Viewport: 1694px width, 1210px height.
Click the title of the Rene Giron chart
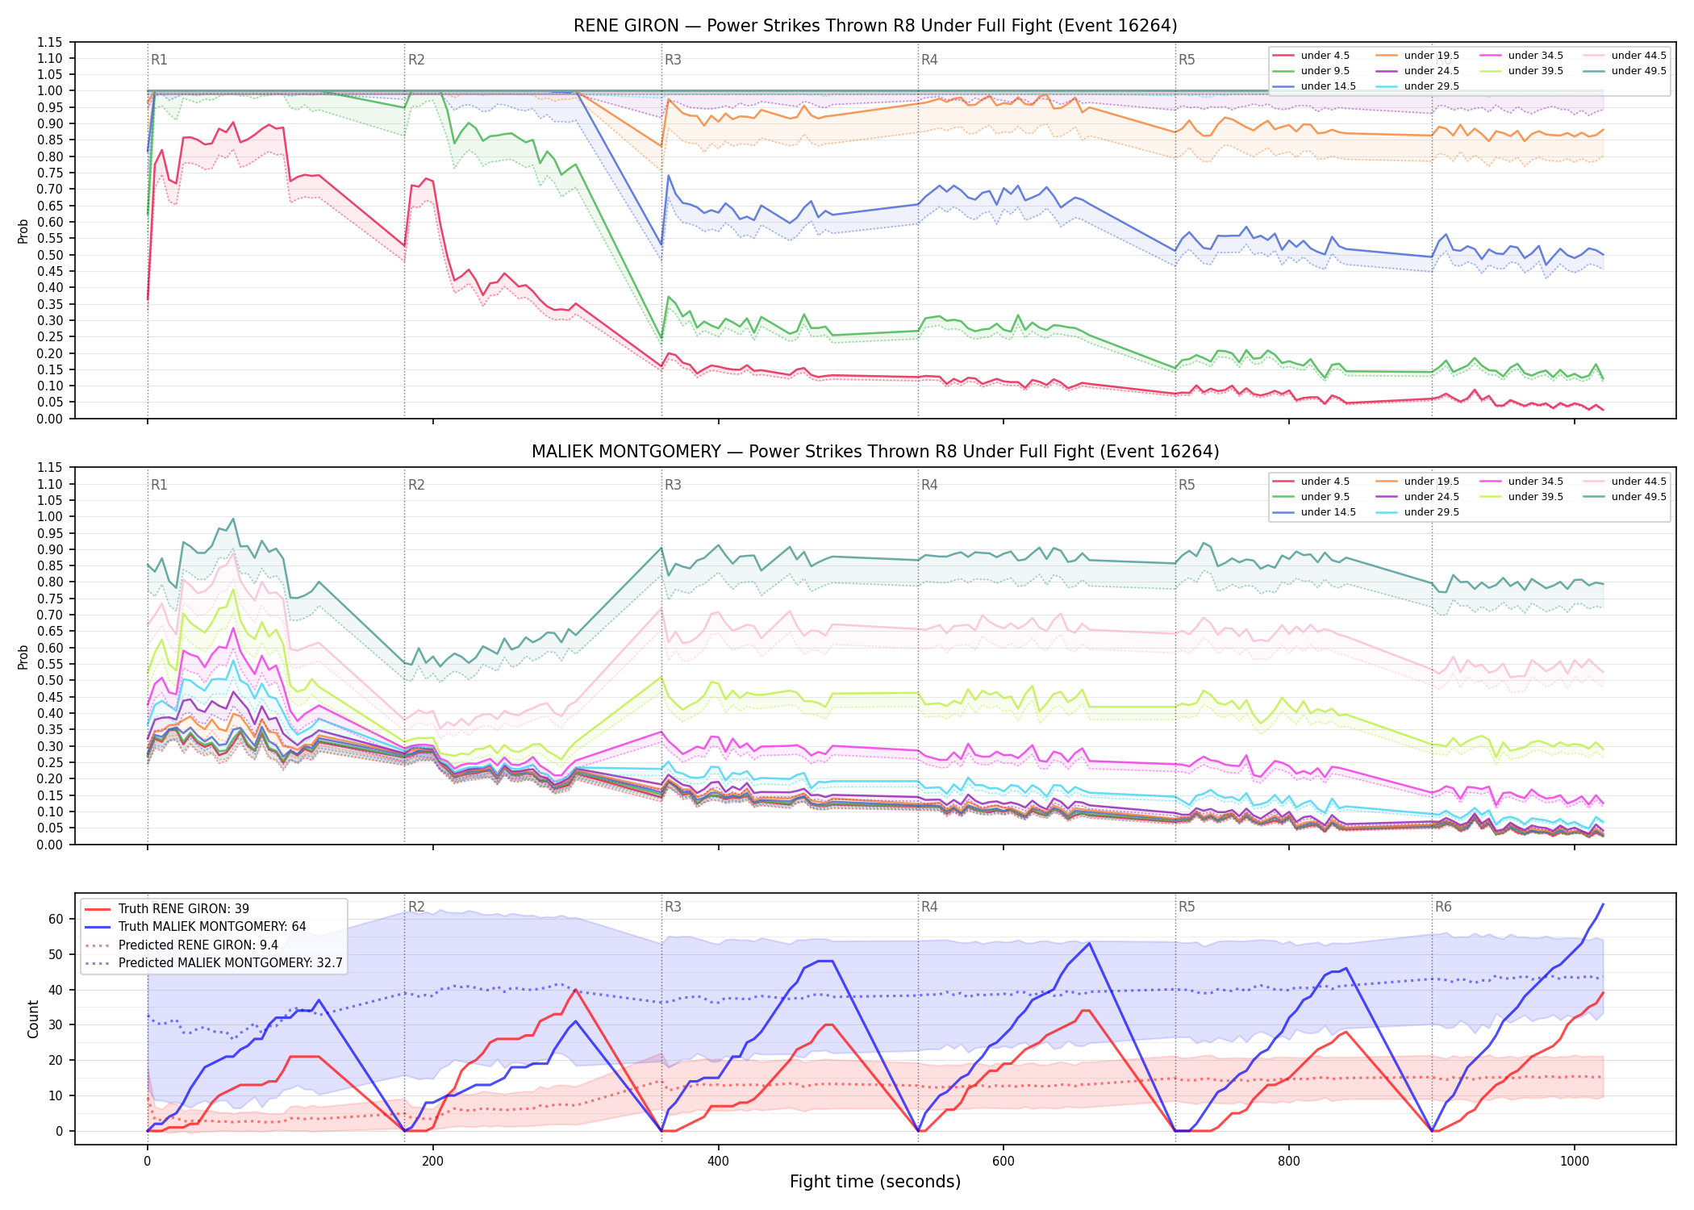875,26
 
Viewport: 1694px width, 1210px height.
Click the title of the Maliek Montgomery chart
875,452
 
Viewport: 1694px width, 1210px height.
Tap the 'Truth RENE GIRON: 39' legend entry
184,908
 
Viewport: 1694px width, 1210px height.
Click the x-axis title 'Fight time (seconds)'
875,1182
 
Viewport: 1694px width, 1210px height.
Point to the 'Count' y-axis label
33,1019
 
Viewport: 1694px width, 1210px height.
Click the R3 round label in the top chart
673,60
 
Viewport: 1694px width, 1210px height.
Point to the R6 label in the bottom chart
1443,907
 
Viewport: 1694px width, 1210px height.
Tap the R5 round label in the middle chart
1187,485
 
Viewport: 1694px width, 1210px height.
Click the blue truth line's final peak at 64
1603,904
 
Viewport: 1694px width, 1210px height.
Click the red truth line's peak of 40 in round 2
575,990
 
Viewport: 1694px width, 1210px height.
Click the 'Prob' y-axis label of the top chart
23,231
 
